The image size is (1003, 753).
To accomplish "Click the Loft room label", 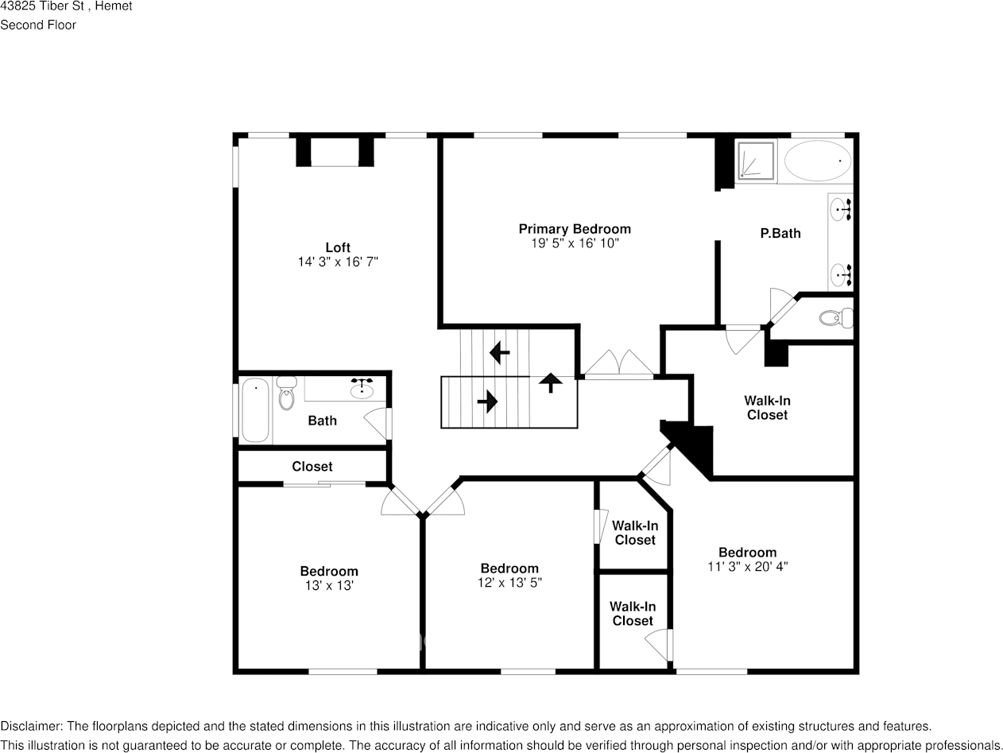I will click(337, 247).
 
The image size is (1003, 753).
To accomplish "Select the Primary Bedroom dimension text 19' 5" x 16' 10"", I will click(575, 243).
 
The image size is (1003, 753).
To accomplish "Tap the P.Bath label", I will click(780, 233).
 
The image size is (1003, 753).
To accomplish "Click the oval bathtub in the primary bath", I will click(816, 161).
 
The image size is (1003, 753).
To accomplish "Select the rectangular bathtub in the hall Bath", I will click(255, 409).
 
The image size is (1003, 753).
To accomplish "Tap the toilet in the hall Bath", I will click(287, 394).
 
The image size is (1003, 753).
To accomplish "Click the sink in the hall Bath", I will click(362, 389).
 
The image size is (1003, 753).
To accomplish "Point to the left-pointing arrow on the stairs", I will click(500, 351).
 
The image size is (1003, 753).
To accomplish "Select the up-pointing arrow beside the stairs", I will click(549, 382).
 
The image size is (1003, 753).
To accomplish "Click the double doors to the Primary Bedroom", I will click(619, 363).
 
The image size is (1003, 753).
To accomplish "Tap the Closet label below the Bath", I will click(312, 467).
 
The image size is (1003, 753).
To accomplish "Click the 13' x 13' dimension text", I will click(329, 585).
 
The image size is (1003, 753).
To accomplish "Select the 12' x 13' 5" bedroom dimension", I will click(509, 583).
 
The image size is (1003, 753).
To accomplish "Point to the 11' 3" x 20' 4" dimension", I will click(747, 567).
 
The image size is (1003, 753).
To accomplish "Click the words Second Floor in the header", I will click(38, 25).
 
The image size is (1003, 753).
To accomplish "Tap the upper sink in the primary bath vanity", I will click(839, 212).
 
